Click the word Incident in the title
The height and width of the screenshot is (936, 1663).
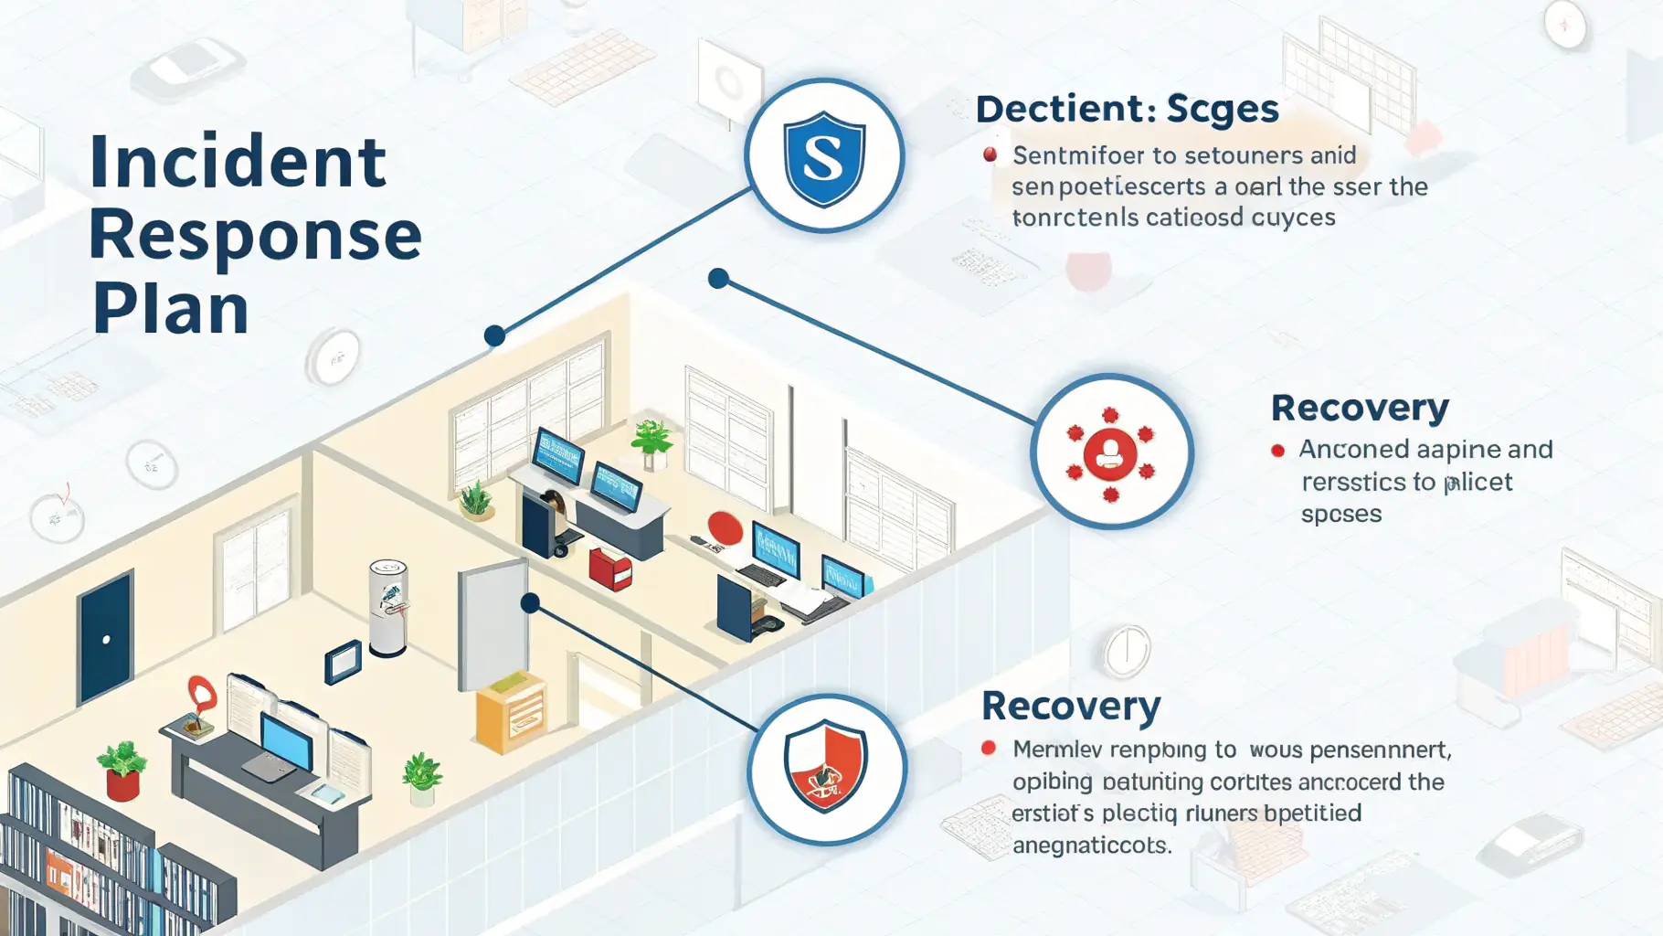pyautogui.click(x=238, y=163)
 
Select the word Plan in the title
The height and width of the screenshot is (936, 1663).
pyautogui.click(x=170, y=309)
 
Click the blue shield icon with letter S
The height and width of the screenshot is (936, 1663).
pyautogui.click(x=824, y=156)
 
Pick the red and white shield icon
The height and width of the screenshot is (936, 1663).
pyautogui.click(x=825, y=769)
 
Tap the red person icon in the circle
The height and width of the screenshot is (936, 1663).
pyautogui.click(x=1110, y=452)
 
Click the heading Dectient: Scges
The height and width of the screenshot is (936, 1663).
pyautogui.click(x=1127, y=110)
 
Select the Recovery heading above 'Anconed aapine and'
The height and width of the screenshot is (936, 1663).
pyautogui.click(x=1360, y=408)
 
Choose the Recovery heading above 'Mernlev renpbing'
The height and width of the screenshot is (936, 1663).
pyautogui.click(x=1070, y=707)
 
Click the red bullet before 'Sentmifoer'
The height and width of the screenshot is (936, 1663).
pyautogui.click(x=990, y=154)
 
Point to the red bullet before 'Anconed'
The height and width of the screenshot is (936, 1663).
pyautogui.click(x=1277, y=450)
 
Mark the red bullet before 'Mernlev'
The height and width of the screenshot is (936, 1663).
pyautogui.click(x=988, y=748)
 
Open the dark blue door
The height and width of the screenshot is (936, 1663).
pyautogui.click(x=105, y=636)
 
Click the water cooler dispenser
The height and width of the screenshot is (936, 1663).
pyautogui.click(x=387, y=607)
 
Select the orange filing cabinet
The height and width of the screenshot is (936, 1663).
pyautogui.click(x=511, y=712)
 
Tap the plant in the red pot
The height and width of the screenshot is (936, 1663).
pyautogui.click(x=122, y=771)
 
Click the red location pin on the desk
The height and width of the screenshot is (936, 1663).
pyautogui.click(x=201, y=695)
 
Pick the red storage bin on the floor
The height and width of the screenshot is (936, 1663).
pyautogui.click(x=610, y=567)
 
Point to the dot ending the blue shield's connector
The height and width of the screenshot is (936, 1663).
pyautogui.click(x=494, y=335)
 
